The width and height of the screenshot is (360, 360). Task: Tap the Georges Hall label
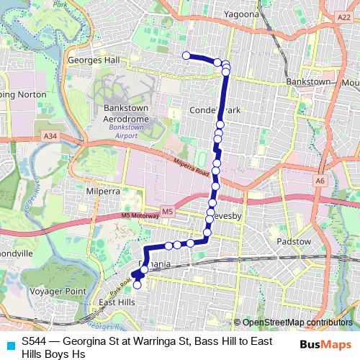tap(92, 60)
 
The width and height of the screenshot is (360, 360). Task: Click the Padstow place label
tap(294, 242)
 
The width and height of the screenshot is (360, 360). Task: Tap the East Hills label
tap(117, 302)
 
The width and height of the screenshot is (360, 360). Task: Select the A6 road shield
tap(319, 181)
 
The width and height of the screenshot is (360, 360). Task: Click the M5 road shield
tap(167, 211)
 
